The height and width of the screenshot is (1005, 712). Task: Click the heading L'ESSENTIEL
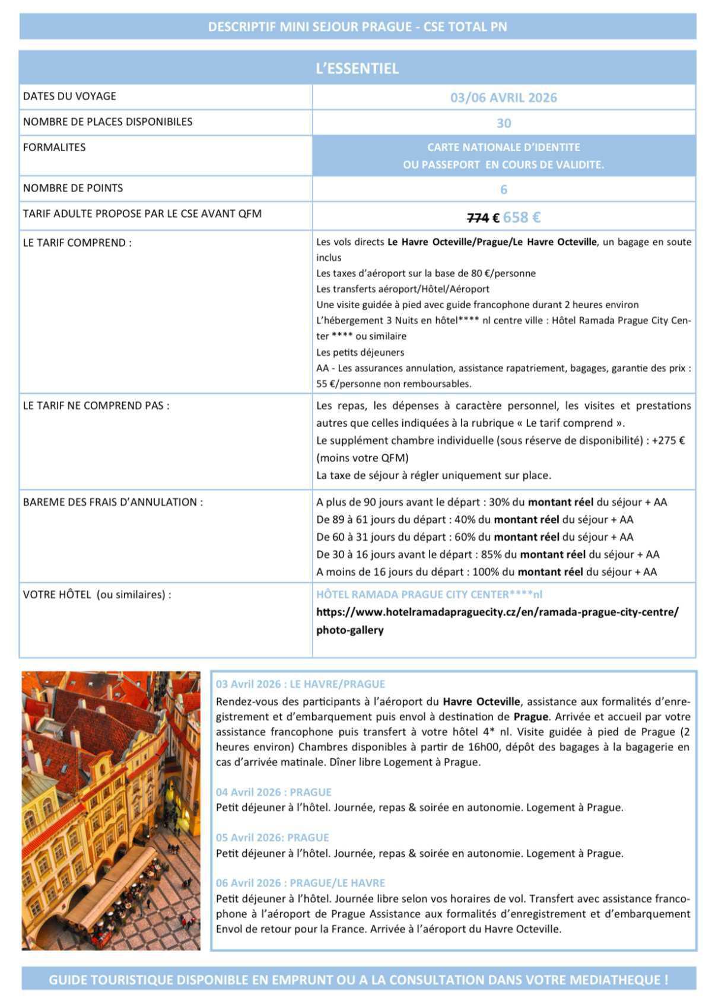pos(357,68)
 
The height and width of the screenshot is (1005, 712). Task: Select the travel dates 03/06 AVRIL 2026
pos(503,97)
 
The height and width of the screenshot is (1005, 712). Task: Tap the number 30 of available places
pos(503,123)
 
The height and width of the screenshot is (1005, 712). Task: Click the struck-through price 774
pos(478,218)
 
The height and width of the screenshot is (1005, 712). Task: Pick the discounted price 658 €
pos(522,217)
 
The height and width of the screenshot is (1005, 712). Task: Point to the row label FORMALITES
pos(54,147)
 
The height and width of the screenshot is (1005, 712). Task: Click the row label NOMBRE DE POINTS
pos(73,188)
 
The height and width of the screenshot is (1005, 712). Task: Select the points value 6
pos(504,189)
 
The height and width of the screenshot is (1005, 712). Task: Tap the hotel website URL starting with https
pos(497,612)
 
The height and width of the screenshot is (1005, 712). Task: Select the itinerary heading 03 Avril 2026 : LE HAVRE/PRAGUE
pos(300,684)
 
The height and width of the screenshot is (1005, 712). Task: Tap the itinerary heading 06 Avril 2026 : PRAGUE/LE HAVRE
pos(300,883)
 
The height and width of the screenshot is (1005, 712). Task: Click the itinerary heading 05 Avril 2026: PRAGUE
pos(272,837)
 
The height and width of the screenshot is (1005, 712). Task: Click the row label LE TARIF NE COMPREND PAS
pos(96,406)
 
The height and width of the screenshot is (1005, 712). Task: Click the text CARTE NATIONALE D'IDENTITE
pos(503,147)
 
